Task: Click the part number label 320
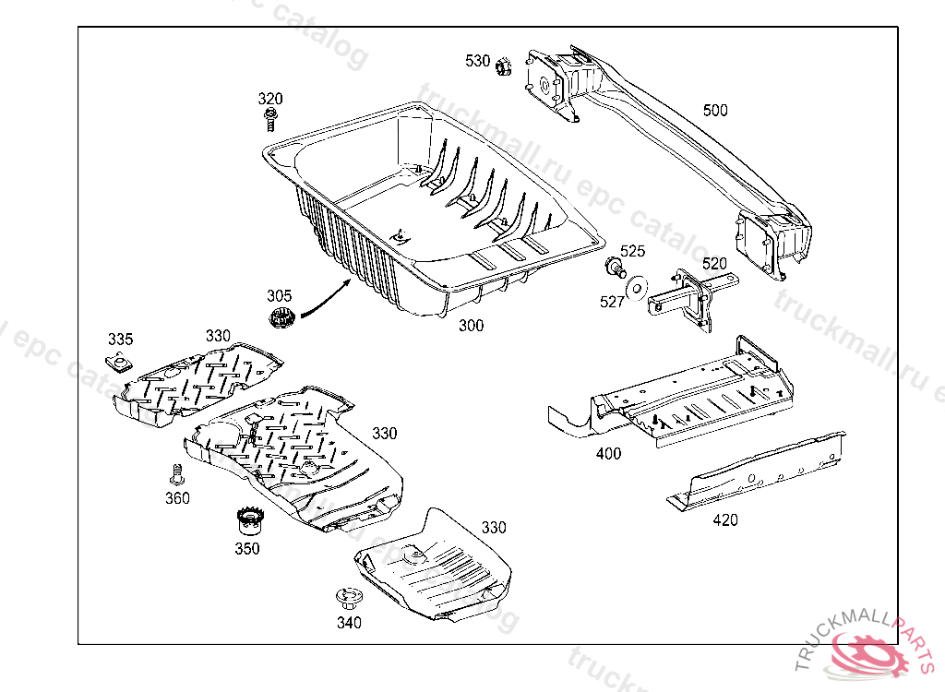pyautogui.click(x=270, y=99)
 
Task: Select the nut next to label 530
pyautogui.click(x=503, y=66)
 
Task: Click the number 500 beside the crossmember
pyautogui.click(x=714, y=111)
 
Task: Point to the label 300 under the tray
pyautogui.click(x=471, y=326)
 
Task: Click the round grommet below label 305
pyautogui.click(x=281, y=319)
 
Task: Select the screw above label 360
pyautogui.click(x=176, y=475)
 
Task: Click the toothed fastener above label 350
pyautogui.click(x=246, y=520)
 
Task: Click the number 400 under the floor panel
pyautogui.click(x=609, y=453)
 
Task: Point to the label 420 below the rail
pyautogui.click(x=725, y=519)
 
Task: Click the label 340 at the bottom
pyautogui.click(x=349, y=623)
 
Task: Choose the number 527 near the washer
pyautogui.click(x=613, y=302)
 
